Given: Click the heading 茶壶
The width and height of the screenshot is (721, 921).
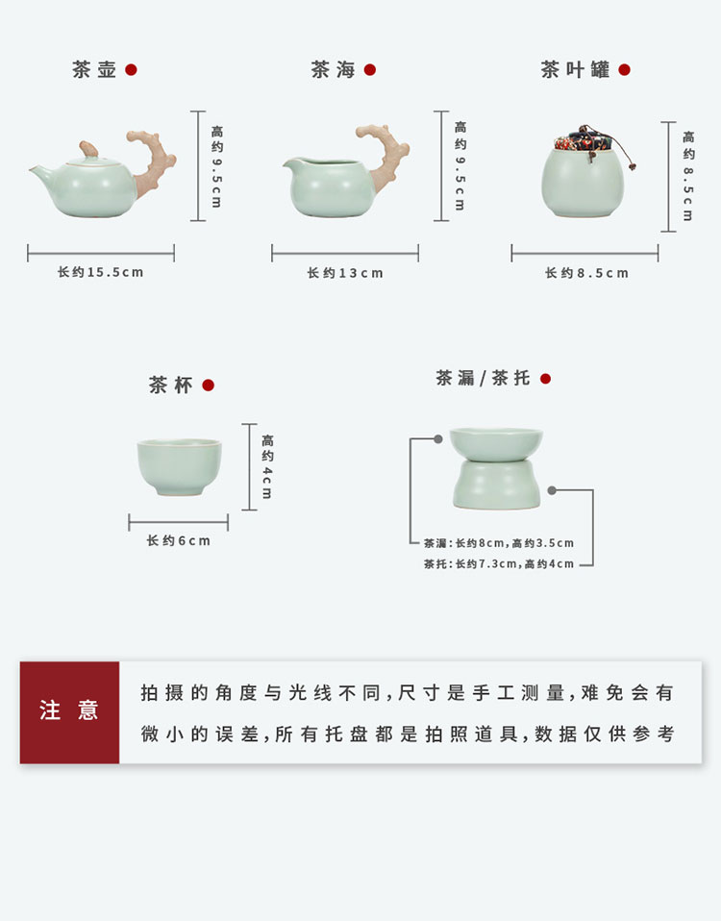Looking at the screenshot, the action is click(94, 69).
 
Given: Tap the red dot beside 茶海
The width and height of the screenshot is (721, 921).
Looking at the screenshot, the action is click(370, 70).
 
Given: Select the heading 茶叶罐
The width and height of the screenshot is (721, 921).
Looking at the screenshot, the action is click(576, 69).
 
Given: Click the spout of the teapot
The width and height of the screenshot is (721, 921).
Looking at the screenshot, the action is click(41, 173).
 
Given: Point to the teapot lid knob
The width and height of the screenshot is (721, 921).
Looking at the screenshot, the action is click(88, 149).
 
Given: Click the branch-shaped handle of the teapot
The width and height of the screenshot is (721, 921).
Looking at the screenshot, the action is click(153, 161).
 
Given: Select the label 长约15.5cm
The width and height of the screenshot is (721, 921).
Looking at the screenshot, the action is click(100, 272).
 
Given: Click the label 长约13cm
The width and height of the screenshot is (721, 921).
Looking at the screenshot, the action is click(345, 273).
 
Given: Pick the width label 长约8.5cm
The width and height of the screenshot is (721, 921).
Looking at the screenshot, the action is click(586, 273).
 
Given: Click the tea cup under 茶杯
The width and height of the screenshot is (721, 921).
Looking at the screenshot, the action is click(180, 467).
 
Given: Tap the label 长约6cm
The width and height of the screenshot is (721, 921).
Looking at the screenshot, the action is click(179, 540).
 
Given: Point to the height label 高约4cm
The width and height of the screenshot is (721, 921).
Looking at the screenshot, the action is click(268, 466).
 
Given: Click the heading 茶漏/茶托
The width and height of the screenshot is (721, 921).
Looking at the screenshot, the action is click(484, 378).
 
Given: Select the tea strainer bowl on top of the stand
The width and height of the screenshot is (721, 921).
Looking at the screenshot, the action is click(496, 444).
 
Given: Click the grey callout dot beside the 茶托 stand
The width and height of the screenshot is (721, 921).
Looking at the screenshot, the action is click(552, 490).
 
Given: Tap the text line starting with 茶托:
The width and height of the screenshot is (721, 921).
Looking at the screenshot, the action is click(499, 564).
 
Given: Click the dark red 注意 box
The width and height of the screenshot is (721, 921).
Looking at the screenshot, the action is click(69, 711).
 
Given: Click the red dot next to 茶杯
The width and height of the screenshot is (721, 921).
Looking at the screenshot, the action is click(208, 386).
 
